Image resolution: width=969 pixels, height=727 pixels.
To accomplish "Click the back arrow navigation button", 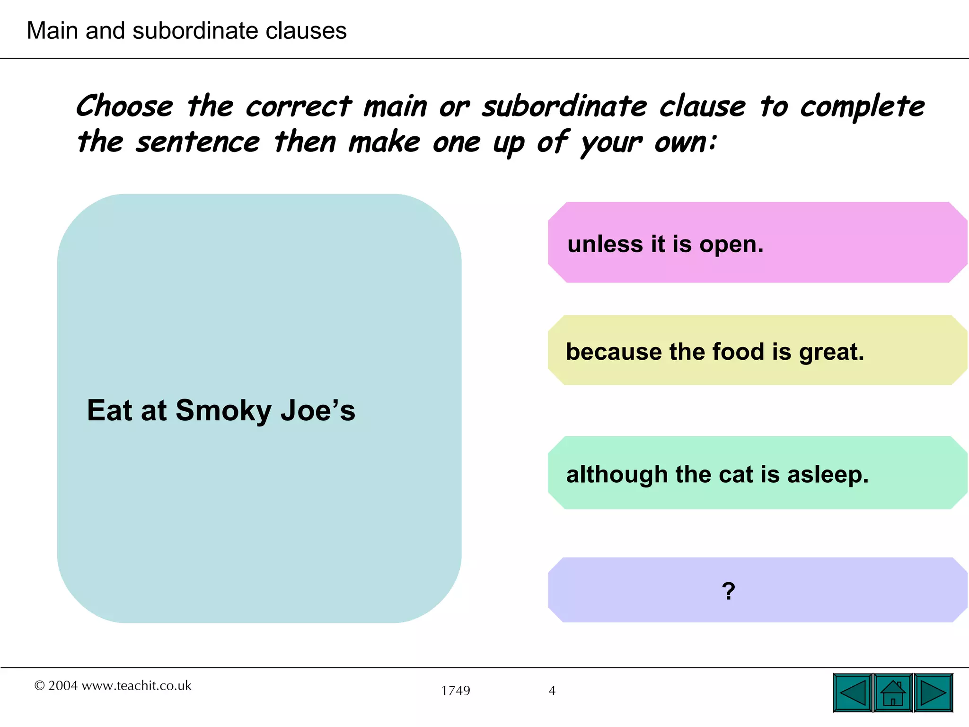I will [x=853, y=693].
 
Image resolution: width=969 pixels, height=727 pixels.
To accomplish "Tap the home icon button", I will [x=893, y=693].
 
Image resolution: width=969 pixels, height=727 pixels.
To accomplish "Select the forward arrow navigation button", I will [x=933, y=693].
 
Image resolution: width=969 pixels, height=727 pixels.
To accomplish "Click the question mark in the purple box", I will [x=729, y=591].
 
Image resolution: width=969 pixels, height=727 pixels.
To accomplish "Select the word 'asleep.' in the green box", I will [x=828, y=474].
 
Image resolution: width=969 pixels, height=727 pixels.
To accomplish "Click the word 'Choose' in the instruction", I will [x=125, y=106].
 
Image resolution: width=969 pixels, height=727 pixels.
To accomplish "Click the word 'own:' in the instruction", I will [x=686, y=142].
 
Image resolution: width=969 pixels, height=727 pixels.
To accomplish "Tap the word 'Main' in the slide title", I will [x=52, y=31].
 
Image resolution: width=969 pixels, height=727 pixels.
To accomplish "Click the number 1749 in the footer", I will [x=456, y=691].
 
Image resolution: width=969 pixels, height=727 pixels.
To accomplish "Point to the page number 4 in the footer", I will [x=552, y=691].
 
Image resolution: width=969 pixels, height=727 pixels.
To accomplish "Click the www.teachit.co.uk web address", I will [x=136, y=685].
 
